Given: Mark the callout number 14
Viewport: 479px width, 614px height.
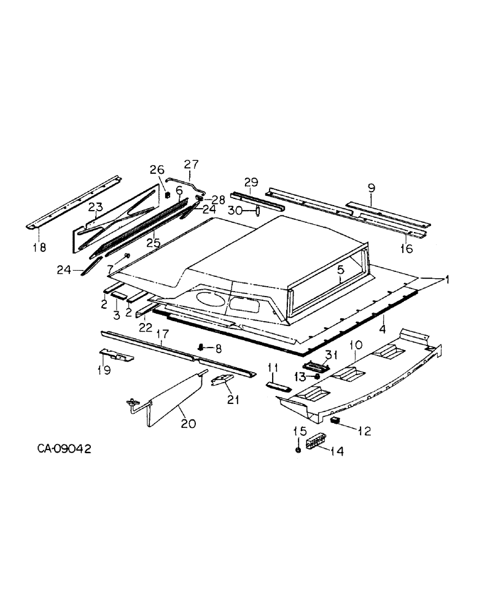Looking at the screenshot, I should click(x=337, y=451).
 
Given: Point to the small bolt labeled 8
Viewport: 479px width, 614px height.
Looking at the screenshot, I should click(x=201, y=348).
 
